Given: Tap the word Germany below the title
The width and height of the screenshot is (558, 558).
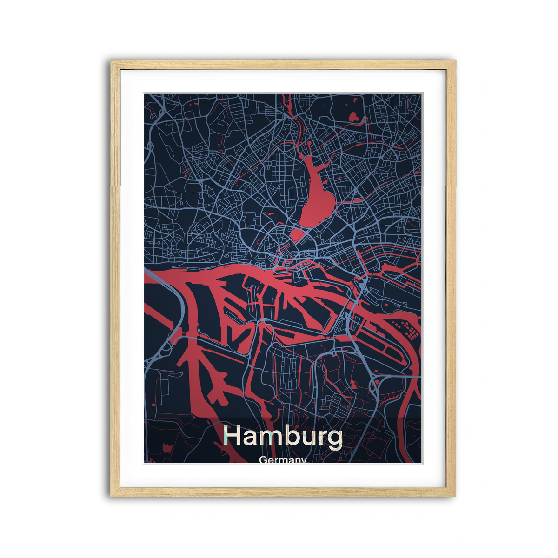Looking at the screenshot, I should (x=283, y=460).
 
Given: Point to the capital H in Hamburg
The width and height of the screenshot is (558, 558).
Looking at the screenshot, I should (x=232, y=436).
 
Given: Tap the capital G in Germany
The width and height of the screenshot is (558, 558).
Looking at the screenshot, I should (x=263, y=460).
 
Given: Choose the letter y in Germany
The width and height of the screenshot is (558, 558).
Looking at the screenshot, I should (x=303, y=461).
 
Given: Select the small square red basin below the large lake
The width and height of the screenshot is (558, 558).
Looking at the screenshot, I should (x=297, y=234).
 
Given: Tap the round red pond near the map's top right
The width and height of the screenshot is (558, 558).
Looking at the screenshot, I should (x=353, y=116).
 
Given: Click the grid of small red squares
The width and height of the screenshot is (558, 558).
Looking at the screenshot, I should (x=407, y=330).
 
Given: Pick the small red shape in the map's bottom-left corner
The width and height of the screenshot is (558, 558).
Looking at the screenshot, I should (x=166, y=449).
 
